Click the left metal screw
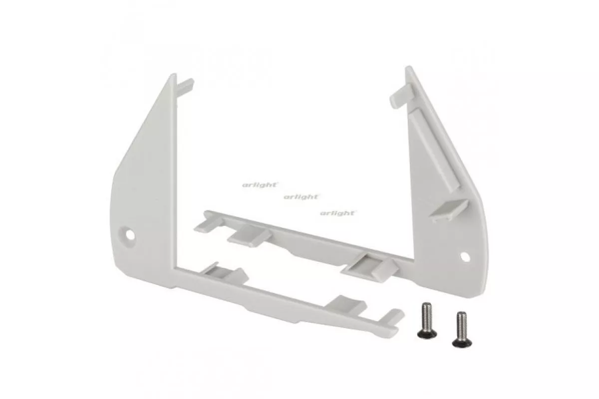tap(427, 320)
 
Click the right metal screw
tap(462, 329)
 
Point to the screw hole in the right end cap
tap(465, 256)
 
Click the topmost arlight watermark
tap(260, 185)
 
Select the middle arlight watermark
tap(301, 197)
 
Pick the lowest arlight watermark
tap(337, 213)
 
